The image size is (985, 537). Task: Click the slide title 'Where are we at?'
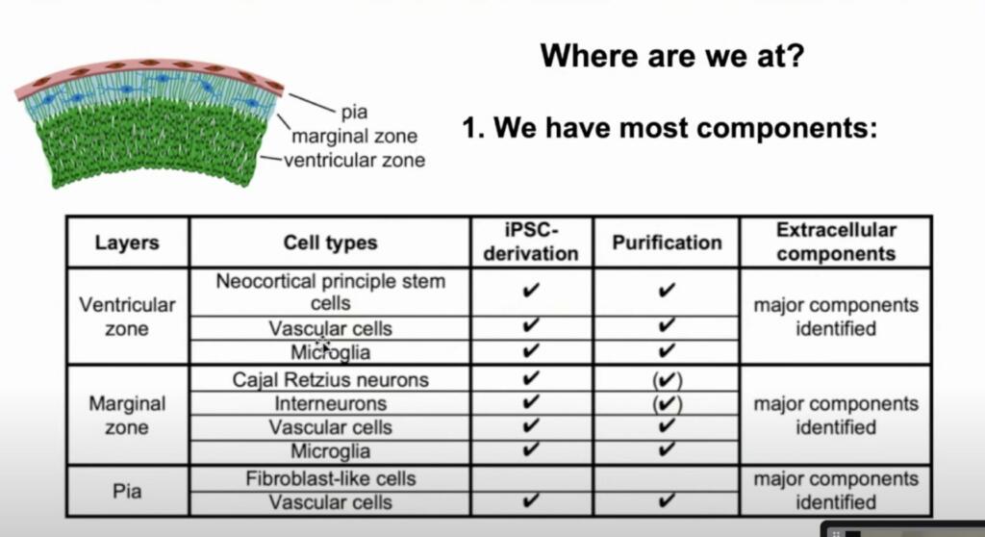(x=671, y=56)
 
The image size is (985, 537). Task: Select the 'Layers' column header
(x=127, y=243)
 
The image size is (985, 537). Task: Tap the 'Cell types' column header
(x=331, y=243)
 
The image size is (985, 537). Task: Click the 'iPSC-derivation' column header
(x=531, y=243)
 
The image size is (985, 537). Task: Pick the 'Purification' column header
(x=668, y=243)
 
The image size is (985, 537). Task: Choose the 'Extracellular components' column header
(x=836, y=243)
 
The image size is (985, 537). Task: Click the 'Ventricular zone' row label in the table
(x=127, y=317)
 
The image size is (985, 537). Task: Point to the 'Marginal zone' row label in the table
(x=127, y=415)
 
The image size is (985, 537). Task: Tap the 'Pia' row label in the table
(x=127, y=491)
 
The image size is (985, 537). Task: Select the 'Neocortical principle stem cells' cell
(x=331, y=292)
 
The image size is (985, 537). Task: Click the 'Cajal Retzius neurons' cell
(x=331, y=380)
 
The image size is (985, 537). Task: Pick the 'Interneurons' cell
(x=331, y=403)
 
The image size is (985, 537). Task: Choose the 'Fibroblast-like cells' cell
(x=331, y=478)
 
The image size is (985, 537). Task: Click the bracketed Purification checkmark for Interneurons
(x=668, y=403)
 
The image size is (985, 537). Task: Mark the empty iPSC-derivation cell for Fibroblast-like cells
(x=531, y=478)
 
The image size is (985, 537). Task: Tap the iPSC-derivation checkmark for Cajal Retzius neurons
(x=531, y=378)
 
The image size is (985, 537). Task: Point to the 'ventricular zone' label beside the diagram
(x=354, y=161)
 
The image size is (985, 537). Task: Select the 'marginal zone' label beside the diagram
(x=354, y=136)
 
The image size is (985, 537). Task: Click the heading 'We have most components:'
(x=685, y=128)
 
